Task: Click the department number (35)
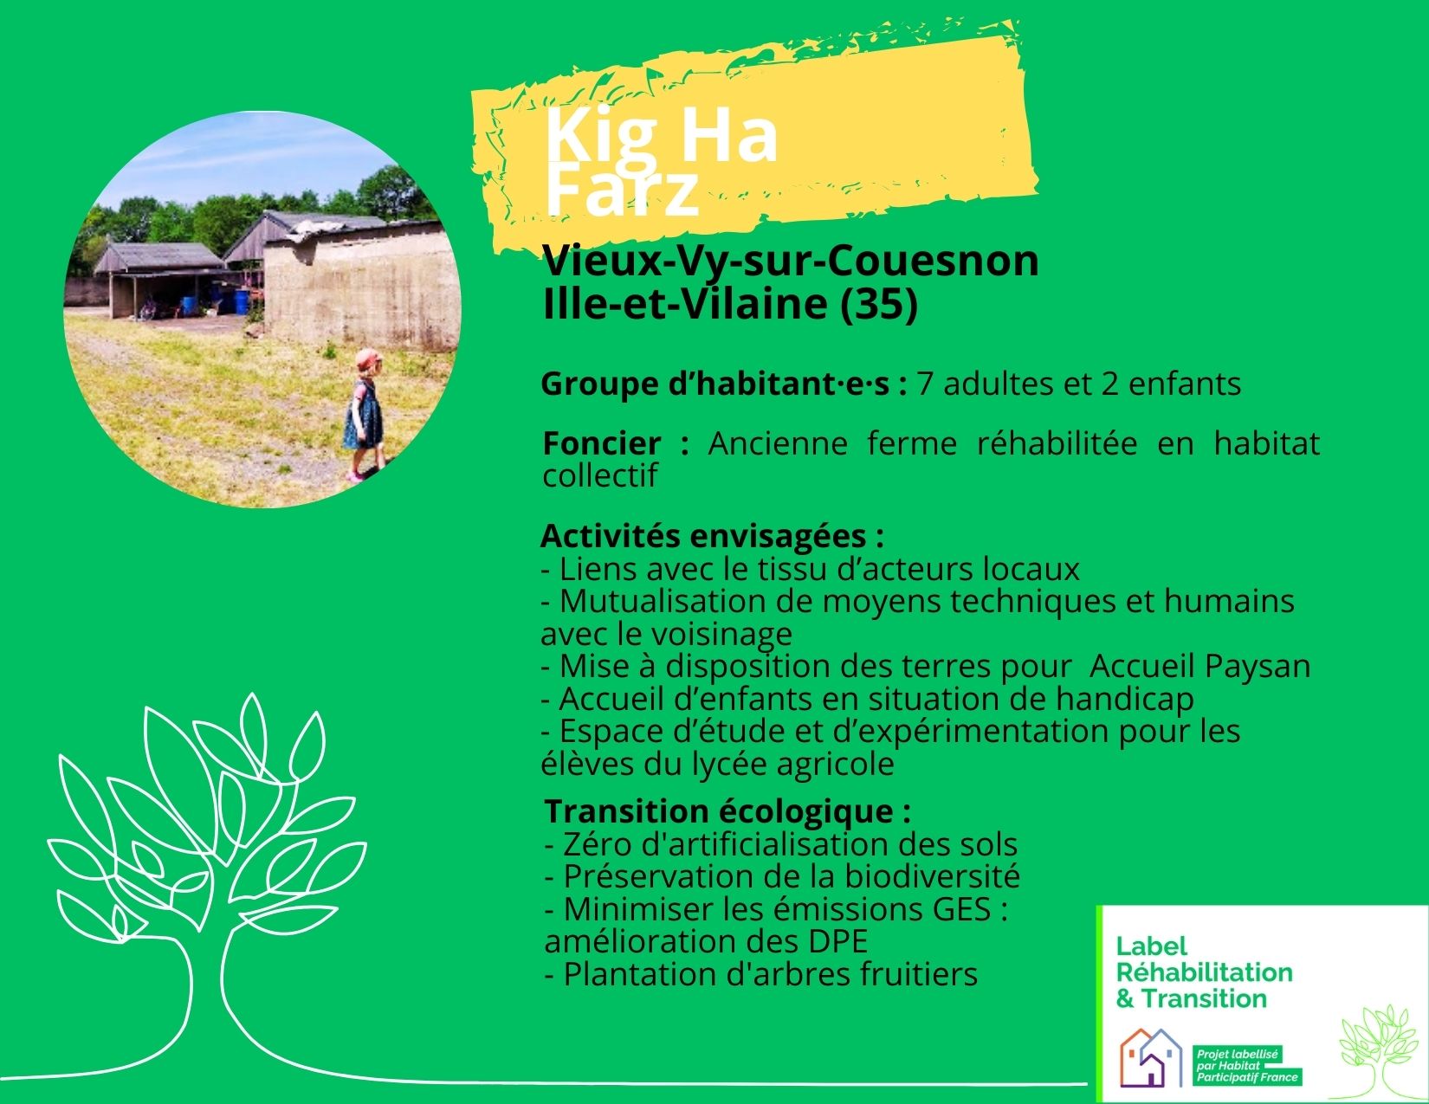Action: [x=879, y=305]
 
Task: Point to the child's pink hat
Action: [x=369, y=358]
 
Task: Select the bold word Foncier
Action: [x=602, y=444]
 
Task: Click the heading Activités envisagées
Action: [x=712, y=537]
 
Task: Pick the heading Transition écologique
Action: [x=728, y=812]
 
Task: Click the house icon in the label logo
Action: [x=1151, y=1056]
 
